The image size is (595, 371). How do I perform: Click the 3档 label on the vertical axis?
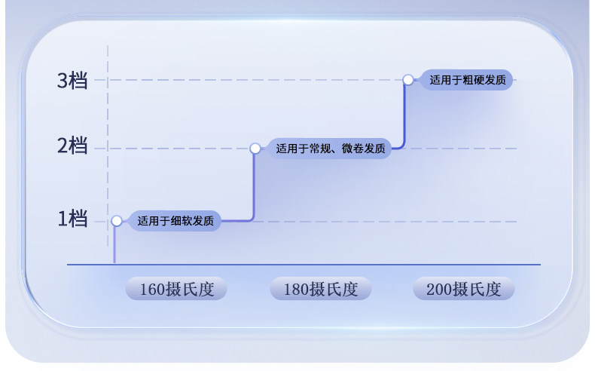[x=72, y=80]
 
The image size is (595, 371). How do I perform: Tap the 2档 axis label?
[x=72, y=147]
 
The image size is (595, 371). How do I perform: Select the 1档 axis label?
[x=72, y=219]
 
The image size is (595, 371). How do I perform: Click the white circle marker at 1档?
[x=117, y=221]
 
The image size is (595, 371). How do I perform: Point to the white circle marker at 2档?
[x=255, y=149]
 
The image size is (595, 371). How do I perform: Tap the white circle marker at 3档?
[x=408, y=79]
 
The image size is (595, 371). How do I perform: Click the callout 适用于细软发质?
[x=175, y=221]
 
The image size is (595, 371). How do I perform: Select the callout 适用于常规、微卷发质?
[x=331, y=149]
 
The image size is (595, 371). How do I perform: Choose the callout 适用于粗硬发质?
[x=467, y=79]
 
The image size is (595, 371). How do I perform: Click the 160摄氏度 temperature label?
[x=175, y=289]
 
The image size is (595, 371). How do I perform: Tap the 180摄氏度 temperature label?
[x=320, y=289]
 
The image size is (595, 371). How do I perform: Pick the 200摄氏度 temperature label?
[x=463, y=289]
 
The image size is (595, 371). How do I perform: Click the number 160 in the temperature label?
[x=152, y=289]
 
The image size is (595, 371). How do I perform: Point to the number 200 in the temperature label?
[x=440, y=289]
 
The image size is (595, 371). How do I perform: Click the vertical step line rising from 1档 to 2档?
[x=254, y=185]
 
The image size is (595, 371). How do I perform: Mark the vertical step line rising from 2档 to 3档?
[x=404, y=113]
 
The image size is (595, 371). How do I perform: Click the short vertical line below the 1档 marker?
[x=115, y=245]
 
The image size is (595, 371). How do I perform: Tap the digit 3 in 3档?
[x=63, y=80]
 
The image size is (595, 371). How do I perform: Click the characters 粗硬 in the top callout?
[x=477, y=79]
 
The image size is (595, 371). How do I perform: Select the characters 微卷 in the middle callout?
[x=352, y=149]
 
